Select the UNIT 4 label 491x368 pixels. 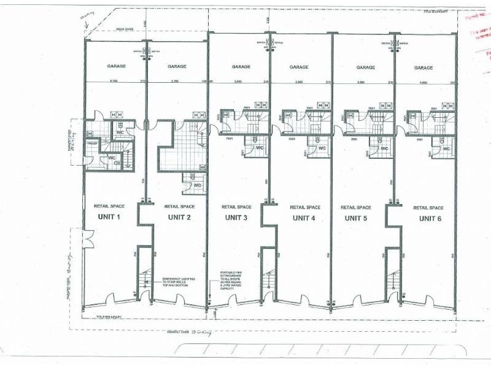(304, 218)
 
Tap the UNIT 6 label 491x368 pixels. (430, 218)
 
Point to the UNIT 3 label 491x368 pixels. (236, 218)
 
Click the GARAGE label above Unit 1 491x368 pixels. (116, 66)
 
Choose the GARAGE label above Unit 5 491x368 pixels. (365, 67)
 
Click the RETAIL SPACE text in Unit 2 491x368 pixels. (179, 207)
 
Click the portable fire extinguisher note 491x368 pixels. (237, 281)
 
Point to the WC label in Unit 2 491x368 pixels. (197, 185)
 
